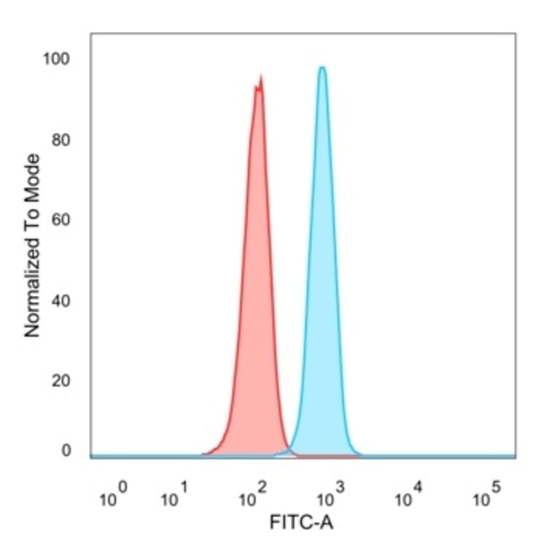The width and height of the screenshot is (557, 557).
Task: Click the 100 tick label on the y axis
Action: pyautogui.click(x=58, y=59)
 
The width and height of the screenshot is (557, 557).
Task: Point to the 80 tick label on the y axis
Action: pyautogui.click(x=61, y=139)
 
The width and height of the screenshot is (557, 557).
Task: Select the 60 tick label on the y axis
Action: pyautogui.click(x=61, y=219)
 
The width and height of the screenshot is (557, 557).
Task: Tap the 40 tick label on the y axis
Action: pyautogui.click(x=61, y=300)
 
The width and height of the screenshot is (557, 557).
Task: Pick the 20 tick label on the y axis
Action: pyautogui.click(x=61, y=380)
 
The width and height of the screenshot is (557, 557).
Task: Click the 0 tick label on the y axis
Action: pyautogui.click(x=66, y=451)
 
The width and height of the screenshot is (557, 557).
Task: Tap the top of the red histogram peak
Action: pyautogui.click(x=260, y=76)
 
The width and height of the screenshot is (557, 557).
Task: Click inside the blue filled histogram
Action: pyautogui.click(x=322, y=292)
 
